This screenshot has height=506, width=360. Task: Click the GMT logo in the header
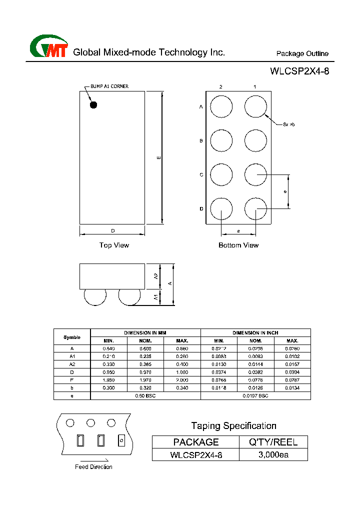[x=48, y=47]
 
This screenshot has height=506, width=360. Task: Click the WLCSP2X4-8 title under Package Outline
[x=299, y=71]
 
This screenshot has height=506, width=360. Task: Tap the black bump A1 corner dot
[x=93, y=104]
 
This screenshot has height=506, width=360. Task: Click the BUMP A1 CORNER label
[x=109, y=86]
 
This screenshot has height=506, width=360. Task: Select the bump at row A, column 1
[x=255, y=107]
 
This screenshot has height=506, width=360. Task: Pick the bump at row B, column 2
[x=221, y=140]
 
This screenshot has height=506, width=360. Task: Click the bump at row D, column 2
[x=221, y=209]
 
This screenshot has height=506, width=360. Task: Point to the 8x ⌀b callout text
[x=288, y=124]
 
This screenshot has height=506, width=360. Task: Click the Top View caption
[x=114, y=245]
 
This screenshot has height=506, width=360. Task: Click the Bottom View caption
[x=238, y=245]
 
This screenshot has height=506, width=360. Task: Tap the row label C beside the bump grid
[x=201, y=175]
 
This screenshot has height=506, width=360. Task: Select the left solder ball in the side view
[x=95, y=296]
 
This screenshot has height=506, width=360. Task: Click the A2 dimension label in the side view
[x=156, y=276]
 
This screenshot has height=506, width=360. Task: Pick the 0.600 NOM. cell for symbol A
[x=145, y=348]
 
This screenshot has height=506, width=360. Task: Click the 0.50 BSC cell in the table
[x=145, y=395]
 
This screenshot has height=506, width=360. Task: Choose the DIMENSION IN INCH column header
[x=255, y=332]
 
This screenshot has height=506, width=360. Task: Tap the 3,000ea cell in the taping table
[x=273, y=455]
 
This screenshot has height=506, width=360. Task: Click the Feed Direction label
[x=93, y=467]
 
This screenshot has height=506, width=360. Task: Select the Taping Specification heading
[x=233, y=426]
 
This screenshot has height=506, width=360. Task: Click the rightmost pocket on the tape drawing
[x=120, y=440]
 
